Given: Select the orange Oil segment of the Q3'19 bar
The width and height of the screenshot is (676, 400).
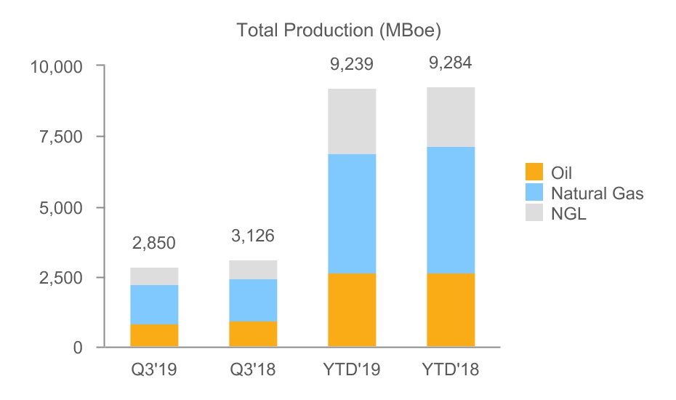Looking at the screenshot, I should tap(154, 335).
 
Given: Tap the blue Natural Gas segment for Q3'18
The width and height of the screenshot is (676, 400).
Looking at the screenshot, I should tap(253, 300).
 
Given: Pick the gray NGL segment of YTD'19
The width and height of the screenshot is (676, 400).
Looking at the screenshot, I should tap(352, 121).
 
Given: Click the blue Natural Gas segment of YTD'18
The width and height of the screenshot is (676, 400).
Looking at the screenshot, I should tap(451, 210).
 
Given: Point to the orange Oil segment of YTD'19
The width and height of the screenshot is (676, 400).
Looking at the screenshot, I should tap(352, 311).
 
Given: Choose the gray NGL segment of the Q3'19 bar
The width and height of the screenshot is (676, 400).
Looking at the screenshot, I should tap(154, 276).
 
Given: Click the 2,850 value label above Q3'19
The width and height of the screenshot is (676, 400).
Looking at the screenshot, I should tap(154, 243).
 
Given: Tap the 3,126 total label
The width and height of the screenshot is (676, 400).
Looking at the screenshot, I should tap(253, 236).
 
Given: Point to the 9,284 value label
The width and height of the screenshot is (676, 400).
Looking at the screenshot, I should tap(451, 63).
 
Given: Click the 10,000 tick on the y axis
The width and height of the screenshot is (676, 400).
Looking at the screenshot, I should tap(57, 67).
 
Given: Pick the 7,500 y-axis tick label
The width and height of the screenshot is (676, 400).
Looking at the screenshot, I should tap(63, 137).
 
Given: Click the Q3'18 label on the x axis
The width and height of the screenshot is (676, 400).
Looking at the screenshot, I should tap(253, 370).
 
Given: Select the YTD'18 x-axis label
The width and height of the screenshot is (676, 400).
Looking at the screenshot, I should tap(451, 370).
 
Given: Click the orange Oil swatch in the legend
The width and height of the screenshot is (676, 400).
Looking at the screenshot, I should tap(534, 172).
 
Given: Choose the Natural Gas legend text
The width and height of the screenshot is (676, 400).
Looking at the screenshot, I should tap(597, 193).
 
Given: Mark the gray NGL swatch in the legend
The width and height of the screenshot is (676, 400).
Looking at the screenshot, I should tap(534, 213).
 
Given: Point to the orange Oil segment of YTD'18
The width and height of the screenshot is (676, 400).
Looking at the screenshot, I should tap(451, 311).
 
